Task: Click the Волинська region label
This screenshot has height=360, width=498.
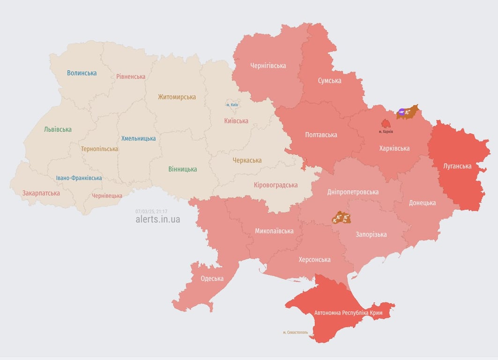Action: tap(82, 73)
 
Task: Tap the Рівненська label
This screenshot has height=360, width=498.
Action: tap(131, 76)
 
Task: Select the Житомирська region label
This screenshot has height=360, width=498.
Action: tap(177, 97)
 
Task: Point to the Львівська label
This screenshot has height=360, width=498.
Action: tap(58, 129)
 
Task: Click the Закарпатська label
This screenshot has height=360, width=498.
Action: tap(41, 193)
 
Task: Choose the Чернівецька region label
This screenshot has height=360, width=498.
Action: tap(107, 196)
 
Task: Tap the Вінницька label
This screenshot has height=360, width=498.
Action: tap(183, 169)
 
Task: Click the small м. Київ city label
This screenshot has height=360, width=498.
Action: tap(232, 105)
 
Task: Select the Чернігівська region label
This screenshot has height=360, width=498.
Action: tap(268, 66)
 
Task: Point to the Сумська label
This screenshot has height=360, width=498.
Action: tap(329, 81)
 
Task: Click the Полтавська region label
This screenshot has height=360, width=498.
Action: tap(321, 135)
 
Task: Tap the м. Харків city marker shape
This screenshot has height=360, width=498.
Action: tap(386, 124)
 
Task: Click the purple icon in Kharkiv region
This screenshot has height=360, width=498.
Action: tap(401, 112)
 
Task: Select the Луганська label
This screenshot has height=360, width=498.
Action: tap(457, 166)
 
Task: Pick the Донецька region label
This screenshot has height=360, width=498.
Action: tap(422, 203)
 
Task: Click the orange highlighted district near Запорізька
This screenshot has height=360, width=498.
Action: tap(341, 217)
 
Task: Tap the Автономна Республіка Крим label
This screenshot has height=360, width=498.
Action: tap(348, 313)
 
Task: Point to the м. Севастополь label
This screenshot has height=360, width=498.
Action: tap(295, 332)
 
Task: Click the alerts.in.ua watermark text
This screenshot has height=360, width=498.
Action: tap(157, 219)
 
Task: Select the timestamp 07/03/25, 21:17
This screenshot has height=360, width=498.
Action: tap(151, 211)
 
